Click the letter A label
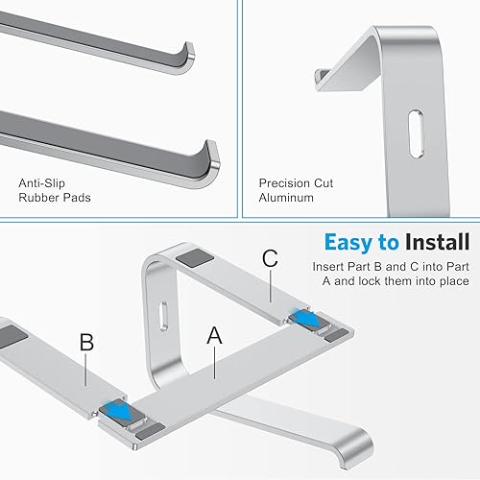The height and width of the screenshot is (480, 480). [213, 336]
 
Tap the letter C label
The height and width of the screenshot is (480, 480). [270, 259]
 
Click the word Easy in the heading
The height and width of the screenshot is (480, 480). [348, 241]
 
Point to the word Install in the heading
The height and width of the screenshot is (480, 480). [436, 241]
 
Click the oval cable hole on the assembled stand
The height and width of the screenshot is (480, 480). [161, 316]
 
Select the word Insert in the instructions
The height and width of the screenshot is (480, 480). [329, 266]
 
